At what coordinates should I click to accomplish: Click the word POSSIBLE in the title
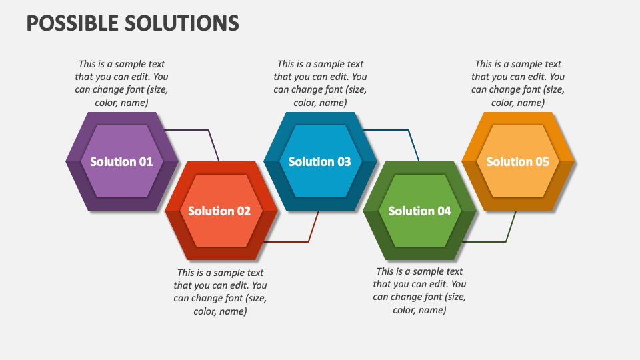coord(71,23)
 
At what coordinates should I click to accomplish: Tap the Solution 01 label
coord(121,161)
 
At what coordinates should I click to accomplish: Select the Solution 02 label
coord(219,211)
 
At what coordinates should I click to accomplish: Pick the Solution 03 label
coord(319,161)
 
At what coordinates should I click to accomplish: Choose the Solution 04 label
coord(419,211)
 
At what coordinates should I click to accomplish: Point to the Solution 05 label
coord(518,161)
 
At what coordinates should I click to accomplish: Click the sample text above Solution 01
coord(121,83)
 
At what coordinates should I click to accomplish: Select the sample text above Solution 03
coord(320,83)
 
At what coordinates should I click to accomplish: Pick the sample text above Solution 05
coord(518,83)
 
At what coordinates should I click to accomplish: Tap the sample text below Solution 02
coord(220,291)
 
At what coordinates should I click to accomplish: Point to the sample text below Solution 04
coord(419,291)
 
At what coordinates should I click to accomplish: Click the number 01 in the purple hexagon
coord(145,161)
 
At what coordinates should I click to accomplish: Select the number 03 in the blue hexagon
coord(343,161)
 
